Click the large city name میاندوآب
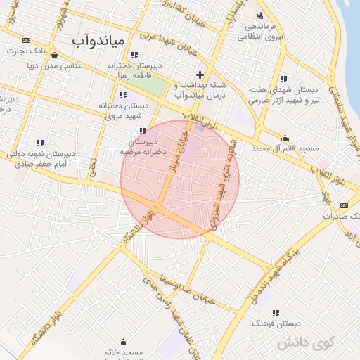coord(98,41)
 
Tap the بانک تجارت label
coord(51,51)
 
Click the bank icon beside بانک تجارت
coord(27,40)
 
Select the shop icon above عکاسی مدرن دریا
coord(54,54)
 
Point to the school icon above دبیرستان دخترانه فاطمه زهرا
coord(134,55)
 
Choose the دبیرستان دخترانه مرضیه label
coord(145,146)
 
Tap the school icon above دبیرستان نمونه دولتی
coord(39,142)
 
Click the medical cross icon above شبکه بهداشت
coord(200,74)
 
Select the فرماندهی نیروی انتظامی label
coord(264,30)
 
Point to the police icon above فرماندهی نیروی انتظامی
coord(261,15)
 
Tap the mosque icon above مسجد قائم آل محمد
coord(285,138)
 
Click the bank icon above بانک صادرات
coord(343,205)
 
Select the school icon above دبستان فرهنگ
coord(276,313)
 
